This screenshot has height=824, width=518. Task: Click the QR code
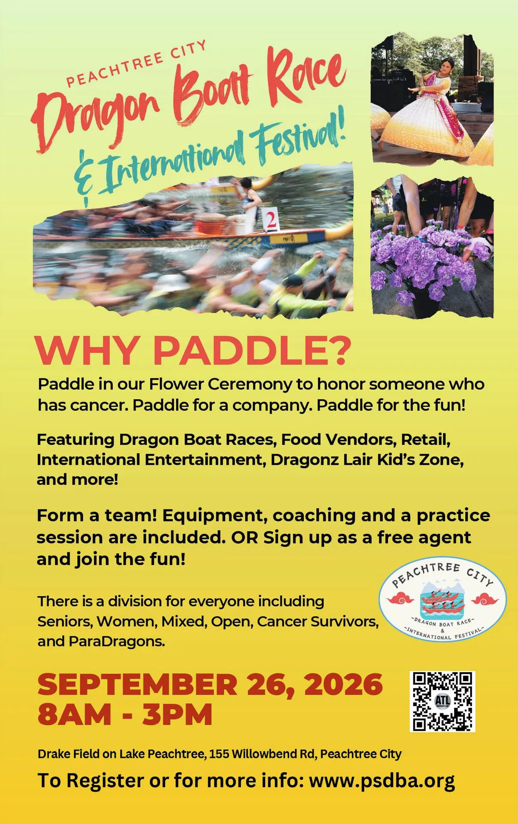coord(442,701)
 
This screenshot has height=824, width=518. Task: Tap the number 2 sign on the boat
coord(271,219)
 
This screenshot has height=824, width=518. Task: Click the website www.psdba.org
coord(382,781)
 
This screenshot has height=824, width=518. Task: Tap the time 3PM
coord(177,715)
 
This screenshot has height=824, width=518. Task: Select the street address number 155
coord(218,754)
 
